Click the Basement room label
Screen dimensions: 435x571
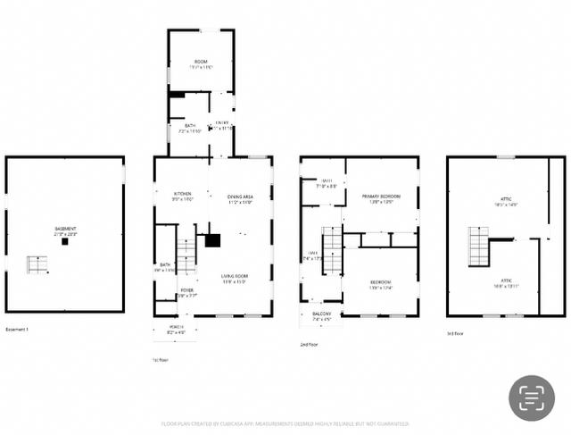click(65, 230)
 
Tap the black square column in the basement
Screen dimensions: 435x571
click(65, 241)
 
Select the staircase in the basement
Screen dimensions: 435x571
click(37, 264)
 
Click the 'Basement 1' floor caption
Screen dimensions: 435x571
click(17, 330)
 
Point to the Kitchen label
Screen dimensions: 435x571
click(183, 195)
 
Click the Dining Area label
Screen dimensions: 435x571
click(240, 197)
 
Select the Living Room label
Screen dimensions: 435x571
click(235, 278)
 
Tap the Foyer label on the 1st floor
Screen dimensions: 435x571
click(187, 291)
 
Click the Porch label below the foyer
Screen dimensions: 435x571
click(175, 329)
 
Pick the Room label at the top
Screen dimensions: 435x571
click(201, 63)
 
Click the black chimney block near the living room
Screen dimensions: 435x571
click(212, 240)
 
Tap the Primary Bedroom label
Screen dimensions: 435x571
click(381, 197)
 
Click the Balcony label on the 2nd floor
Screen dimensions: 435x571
click(320, 315)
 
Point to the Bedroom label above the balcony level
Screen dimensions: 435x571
click(381, 284)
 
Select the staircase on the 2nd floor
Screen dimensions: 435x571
click(332, 250)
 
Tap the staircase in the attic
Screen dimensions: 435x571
click(478, 247)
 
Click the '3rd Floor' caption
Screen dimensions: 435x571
click(456, 333)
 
